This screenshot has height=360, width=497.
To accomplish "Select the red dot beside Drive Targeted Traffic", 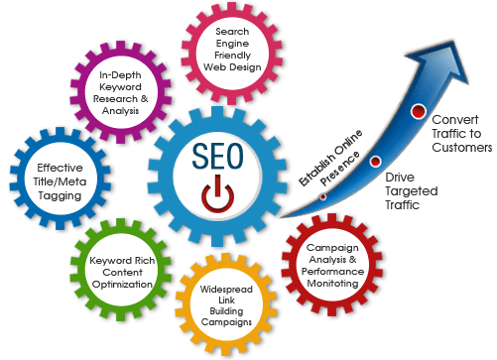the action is (374, 161).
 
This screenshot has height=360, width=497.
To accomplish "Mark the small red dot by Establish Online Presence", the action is (323, 196).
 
